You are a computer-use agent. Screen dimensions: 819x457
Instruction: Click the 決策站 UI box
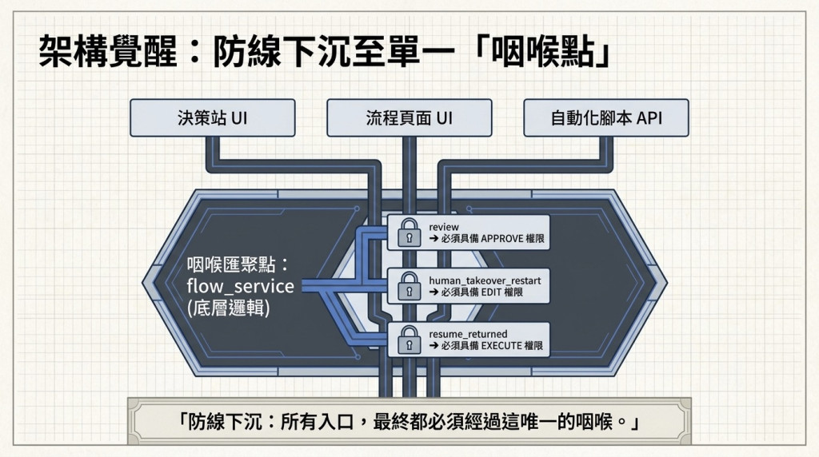pos(213,118)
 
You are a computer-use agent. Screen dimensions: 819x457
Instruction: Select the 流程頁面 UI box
pos(409,118)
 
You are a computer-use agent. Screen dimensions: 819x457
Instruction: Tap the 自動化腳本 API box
pos(606,118)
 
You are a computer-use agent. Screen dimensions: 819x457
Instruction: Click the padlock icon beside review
pos(409,232)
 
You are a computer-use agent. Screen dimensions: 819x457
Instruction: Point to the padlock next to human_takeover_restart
pos(409,286)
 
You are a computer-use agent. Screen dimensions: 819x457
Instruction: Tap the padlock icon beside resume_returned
pos(409,340)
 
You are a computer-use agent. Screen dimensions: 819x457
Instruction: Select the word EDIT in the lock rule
pos(492,292)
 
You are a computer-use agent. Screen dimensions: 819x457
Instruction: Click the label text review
pos(444,227)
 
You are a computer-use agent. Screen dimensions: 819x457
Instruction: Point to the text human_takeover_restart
pos(485,280)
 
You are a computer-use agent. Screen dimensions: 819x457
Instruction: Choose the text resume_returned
pos(468,334)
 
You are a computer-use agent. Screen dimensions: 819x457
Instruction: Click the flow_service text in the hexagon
pos(240,286)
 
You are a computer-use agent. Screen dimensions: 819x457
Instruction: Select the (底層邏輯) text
pos(228,308)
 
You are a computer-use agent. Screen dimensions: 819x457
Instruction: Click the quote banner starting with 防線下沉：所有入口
pos(409,421)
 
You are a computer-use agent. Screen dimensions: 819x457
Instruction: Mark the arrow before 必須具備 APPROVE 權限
pos(433,239)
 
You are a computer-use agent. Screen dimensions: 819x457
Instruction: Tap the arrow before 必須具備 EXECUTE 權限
pos(433,346)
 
